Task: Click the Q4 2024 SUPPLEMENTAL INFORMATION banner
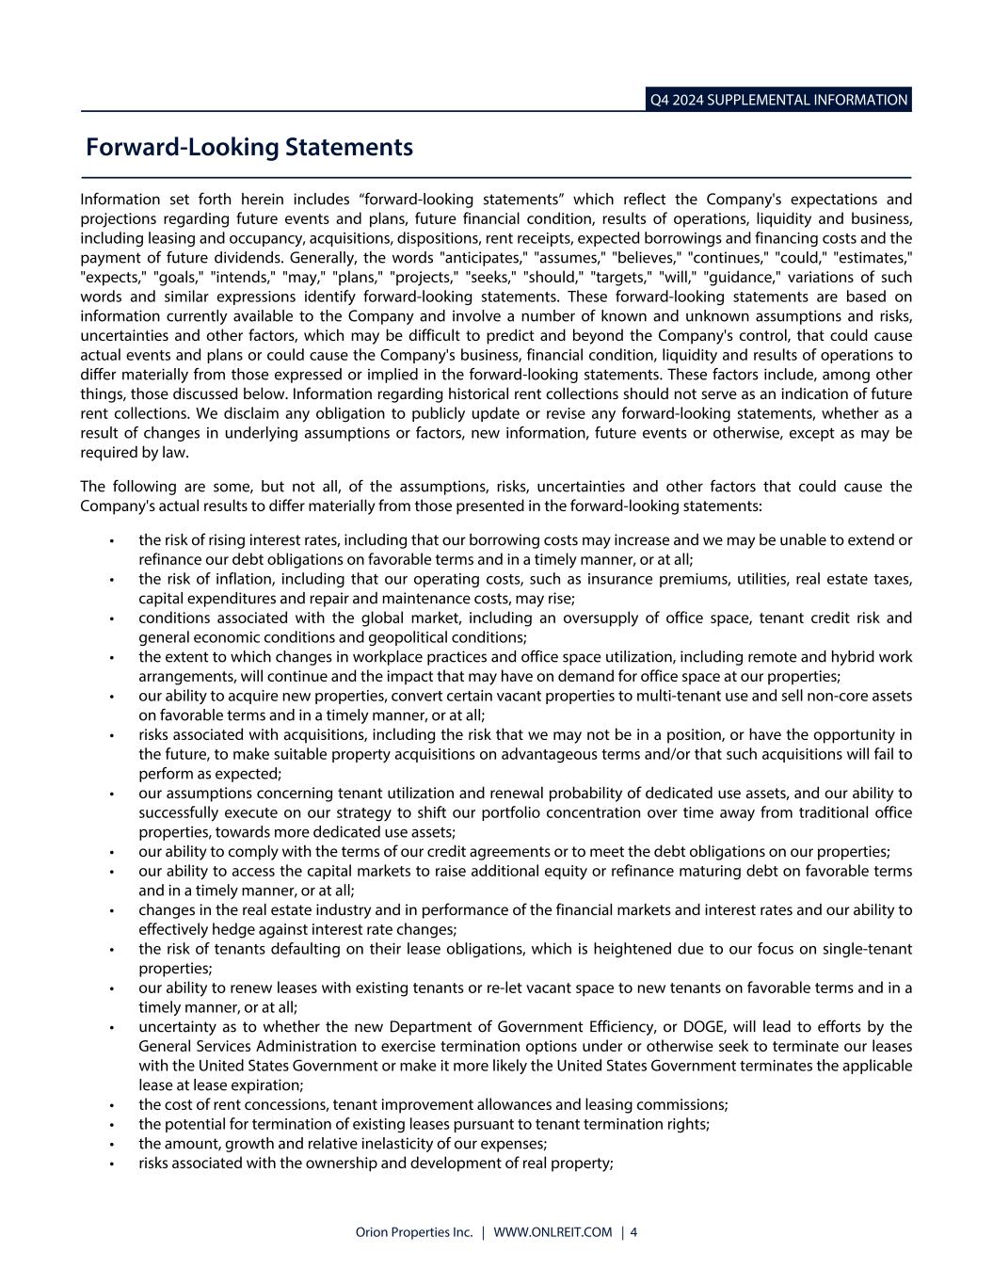point(778,100)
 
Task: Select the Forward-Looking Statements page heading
point(249,148)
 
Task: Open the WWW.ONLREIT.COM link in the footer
point(552,1232)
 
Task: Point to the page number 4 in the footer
point(633,1232)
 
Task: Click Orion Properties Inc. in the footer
point(413,1232)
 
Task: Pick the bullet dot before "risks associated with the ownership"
point(112,1164)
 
